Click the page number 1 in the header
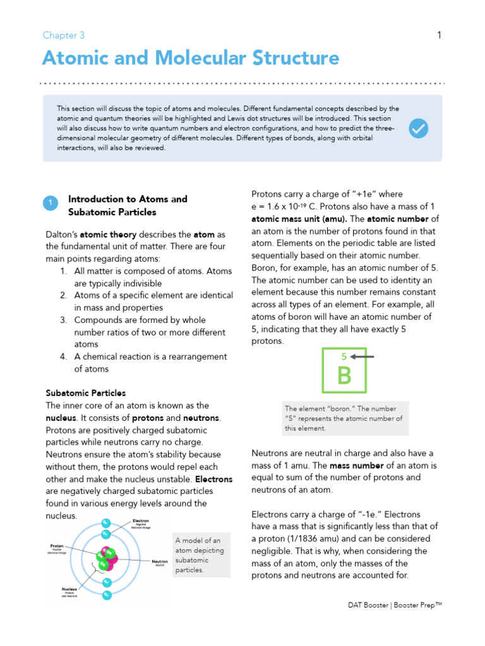point(439,36)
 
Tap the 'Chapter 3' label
point(63,36)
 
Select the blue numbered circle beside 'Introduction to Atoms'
point(51,203)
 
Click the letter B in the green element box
point(344,376)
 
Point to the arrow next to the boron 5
point(363,356)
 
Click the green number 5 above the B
point(344,356)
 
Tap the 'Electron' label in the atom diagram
point(140,521)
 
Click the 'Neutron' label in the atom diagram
point(159,561)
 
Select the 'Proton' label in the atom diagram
point(57,546)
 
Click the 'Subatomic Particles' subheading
point(86,393)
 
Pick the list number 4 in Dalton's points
point(64,356)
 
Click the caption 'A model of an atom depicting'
point(198,546)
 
